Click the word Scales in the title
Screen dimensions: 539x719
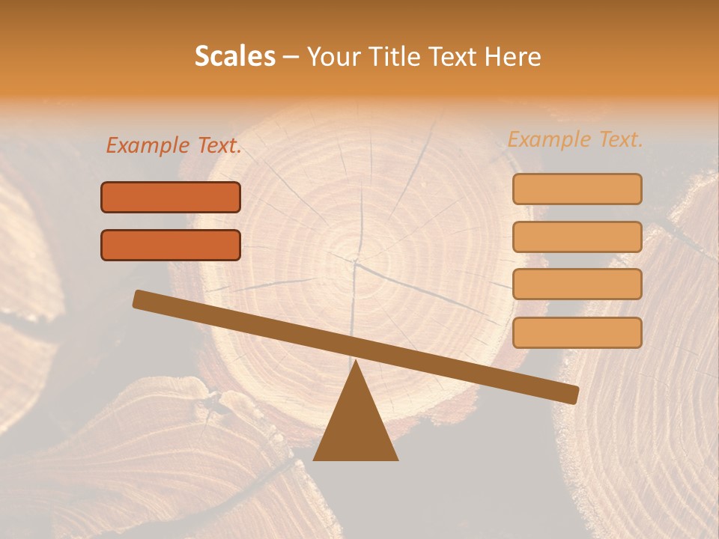tap(235, 56)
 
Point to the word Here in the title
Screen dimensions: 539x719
tap(513, 56)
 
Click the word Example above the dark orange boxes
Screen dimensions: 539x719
tap(148, 146)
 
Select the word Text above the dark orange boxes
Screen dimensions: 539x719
tap(218, 146)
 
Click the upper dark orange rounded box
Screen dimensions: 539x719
tap(171, 198)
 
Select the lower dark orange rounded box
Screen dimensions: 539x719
tap(171, 245)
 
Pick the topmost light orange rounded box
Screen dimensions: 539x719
tap(577, 189)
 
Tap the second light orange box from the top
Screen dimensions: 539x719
tap(577, 237)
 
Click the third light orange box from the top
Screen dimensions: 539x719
tap(577, 284)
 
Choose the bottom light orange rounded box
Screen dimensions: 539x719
tap(577, 332)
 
